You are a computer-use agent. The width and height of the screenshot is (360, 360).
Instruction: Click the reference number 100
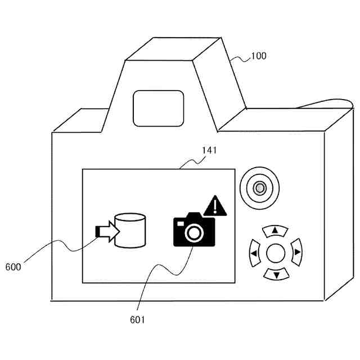259,56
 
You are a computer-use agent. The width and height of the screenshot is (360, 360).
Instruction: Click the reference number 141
208,151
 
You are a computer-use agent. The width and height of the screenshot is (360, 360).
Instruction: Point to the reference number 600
13,267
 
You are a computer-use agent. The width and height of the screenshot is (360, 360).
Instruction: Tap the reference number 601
137,319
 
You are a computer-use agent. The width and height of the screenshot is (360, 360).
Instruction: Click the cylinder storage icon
130,230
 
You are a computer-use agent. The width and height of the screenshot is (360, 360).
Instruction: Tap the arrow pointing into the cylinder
106,231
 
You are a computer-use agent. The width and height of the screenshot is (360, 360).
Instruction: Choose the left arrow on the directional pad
254,254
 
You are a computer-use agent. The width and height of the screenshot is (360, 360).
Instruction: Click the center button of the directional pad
276,254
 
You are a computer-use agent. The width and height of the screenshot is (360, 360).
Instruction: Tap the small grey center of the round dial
259,188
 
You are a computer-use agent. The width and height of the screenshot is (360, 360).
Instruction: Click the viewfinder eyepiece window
158,107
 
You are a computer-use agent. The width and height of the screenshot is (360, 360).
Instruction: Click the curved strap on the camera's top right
326,102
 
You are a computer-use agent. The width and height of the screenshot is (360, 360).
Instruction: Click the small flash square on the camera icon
181,223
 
